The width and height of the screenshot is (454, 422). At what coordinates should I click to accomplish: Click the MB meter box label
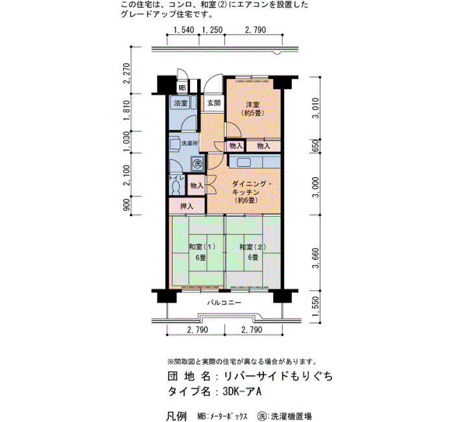point(182,88)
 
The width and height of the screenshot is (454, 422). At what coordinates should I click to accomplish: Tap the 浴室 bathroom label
point(181,103)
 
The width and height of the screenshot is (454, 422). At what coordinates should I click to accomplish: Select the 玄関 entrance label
point(214,103)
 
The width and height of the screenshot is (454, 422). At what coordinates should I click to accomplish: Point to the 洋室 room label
point(252,105)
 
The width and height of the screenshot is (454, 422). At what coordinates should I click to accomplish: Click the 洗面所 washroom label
point(189,143)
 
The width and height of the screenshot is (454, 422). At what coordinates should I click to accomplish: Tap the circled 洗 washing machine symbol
point(198,163)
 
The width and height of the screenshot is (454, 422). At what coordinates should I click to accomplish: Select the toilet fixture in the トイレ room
point(174,188)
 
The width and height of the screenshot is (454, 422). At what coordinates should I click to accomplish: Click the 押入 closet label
point(187,206)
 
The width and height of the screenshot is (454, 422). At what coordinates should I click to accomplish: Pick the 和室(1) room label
point(202,247)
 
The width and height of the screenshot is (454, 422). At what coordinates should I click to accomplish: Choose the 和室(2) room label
point(253,247)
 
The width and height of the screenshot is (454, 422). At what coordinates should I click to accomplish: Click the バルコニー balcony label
point(224,303)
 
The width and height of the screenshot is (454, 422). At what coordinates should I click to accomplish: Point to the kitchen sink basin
point(243,162)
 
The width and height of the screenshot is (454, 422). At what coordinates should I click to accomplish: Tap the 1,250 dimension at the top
point(212,30)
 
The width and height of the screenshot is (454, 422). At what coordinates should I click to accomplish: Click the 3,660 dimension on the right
point(317,258)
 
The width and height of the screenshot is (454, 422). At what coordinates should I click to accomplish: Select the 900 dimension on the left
point(126,206)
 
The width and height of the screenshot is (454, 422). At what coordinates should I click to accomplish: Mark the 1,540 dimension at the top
point(184,30)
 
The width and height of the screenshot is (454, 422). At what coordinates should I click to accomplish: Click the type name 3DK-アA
point(242,391)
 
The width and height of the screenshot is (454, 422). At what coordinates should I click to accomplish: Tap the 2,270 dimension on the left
point(126,73)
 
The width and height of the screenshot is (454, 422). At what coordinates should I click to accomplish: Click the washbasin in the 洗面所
point(174,143)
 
